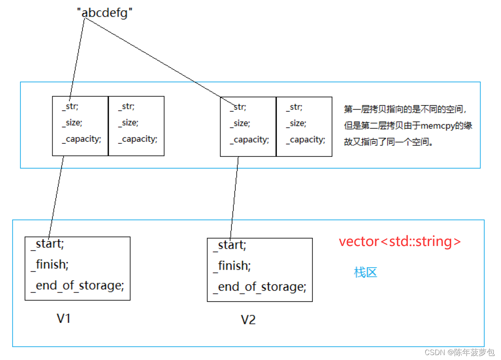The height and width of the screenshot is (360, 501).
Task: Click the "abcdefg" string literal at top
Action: click(x=105, y=13)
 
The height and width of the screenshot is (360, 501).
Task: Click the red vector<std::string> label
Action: click(x=400, y=241)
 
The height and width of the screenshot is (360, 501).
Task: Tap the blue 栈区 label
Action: click(x=365, y=273)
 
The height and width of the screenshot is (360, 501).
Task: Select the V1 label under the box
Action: click(x=64, y=318)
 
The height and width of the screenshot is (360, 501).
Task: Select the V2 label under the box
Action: click(x=248, y=320)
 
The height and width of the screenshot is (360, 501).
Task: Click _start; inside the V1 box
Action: click(x=47, y=244)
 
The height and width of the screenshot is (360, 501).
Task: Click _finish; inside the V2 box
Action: click(x=232, y=266)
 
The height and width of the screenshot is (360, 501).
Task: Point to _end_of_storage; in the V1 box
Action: click(x=77, y=286)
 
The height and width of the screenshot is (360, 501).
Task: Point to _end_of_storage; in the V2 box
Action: click(x=260, y=287)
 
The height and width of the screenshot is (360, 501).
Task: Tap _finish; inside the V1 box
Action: click(x=49, y=265)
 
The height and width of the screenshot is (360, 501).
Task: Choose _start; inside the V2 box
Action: click(x=229, y=245)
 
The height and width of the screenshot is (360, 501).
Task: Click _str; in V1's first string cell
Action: click(x=70, y=107)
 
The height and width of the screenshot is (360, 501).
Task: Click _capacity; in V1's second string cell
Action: click(x=138, y=139)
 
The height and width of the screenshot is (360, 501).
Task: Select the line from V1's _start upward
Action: click(x=56, y=196)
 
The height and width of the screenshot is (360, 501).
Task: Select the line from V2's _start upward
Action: click(x=234, y=198)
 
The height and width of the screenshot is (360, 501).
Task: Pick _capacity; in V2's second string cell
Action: click(x=305, y=140)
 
